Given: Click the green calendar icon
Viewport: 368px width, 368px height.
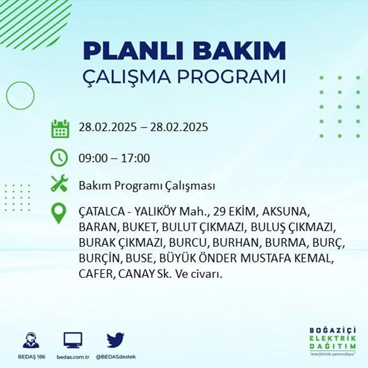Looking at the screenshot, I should click(59, 128).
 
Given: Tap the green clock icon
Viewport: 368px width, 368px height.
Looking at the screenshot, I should click(59, 158).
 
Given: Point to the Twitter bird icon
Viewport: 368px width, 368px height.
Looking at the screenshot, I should click(116, 340).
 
